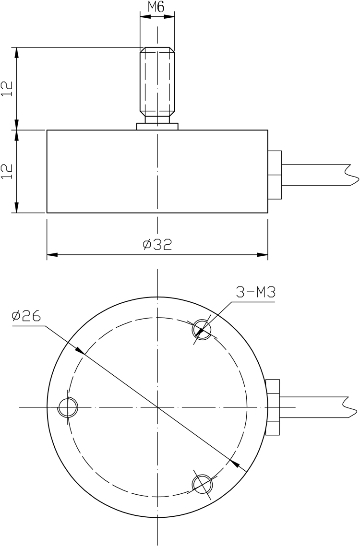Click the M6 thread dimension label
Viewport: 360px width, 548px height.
(157, 8)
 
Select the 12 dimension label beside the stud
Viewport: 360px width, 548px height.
(6, 89)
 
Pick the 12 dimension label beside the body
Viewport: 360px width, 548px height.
(6, 171)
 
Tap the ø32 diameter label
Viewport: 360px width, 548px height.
(157, 245)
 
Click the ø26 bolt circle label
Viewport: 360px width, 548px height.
(26, 316)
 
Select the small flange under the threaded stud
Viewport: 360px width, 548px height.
(157, 126)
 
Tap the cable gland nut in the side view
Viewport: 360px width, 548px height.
(275, 175)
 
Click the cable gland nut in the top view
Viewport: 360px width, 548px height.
(273, 407)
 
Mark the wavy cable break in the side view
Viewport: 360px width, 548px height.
(352, 175)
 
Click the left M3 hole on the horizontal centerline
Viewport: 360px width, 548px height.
(67, 407)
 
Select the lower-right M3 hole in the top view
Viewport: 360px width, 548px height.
(201, 483)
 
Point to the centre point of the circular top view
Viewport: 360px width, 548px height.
(157, 407)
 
